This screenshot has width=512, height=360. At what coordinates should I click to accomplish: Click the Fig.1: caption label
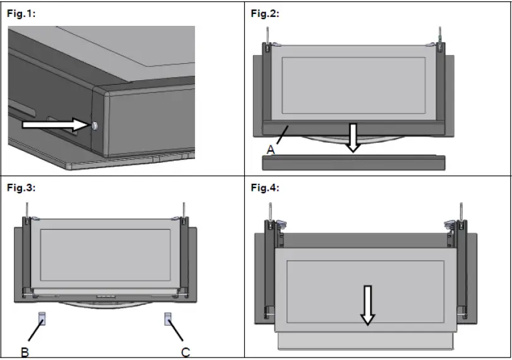(21, 14)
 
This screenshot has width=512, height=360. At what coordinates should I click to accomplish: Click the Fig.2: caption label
(265, 14)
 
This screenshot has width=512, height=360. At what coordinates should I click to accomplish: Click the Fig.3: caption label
(21, 188)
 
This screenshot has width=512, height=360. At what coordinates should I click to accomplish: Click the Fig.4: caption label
(265, 188)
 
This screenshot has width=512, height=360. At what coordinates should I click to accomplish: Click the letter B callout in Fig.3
(25, 351)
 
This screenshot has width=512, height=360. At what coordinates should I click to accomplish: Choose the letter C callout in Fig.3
(186, 351)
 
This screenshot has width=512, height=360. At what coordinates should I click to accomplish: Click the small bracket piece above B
(42, 318)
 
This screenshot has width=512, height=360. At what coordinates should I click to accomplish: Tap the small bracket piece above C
(169, 318)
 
